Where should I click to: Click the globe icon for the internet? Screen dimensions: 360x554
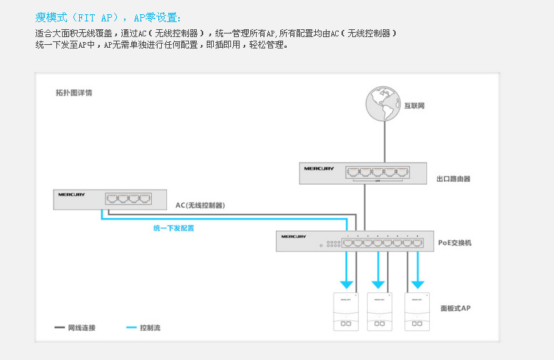coord(384,106)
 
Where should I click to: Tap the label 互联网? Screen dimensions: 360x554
coord(414,106)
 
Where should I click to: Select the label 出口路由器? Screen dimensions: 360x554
coord(453,179)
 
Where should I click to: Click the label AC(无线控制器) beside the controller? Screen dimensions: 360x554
coord(200,205)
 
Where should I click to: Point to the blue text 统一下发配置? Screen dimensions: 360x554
coord(174,228)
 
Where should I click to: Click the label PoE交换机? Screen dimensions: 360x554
coord(455,243)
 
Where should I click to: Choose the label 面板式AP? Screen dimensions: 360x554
coord(455,308)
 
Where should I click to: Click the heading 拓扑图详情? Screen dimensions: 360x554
coord(73,93)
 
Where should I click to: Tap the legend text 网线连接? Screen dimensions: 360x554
coord(82,328)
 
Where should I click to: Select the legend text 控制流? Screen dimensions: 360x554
coord(150,328)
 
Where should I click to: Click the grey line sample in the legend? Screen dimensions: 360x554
coord(60,328)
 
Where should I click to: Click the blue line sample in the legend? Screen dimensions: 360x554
coord(131,328)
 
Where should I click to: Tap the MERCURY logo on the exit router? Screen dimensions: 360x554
coord(319,169)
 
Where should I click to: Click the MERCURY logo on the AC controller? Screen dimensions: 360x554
coord(72,194)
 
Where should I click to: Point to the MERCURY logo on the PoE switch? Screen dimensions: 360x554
coord(293,236)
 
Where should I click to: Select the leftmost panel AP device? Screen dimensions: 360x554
coord(346,312)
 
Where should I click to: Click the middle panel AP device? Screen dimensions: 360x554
coord(379,312)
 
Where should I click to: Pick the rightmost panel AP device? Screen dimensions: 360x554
coord(417,312)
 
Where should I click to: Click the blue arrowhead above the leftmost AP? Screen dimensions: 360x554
coord(347,284)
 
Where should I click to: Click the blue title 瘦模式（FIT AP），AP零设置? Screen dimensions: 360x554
coord(108,17)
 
